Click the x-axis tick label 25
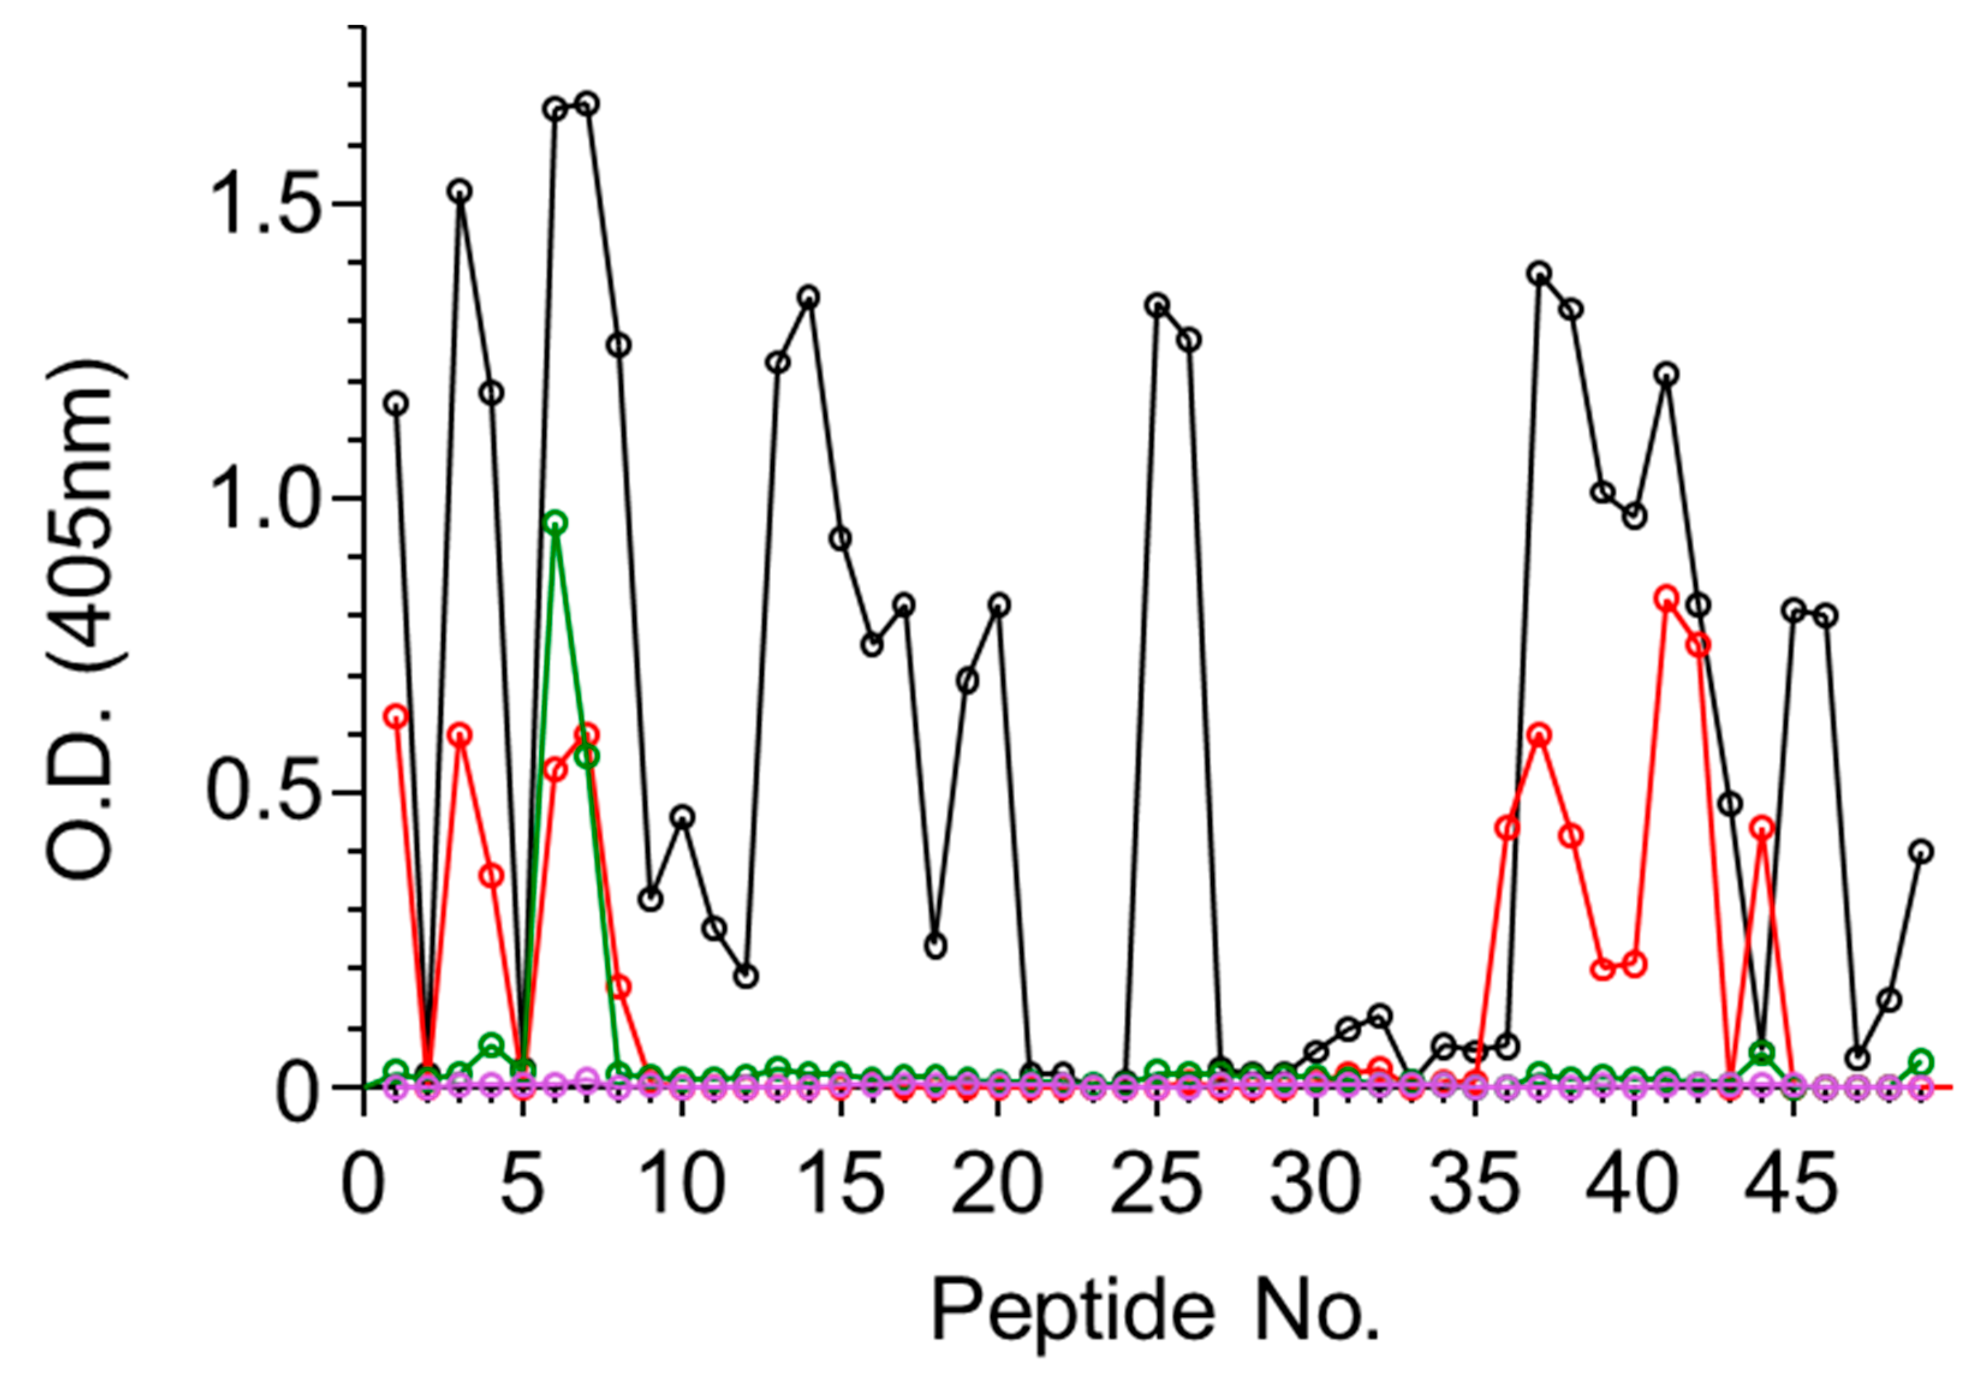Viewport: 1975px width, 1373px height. pyautogui.click(x=1157, y=1186)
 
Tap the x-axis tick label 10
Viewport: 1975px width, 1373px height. pyautogui.click(x=681, y=1186)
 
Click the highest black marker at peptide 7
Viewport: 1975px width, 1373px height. pyautogui.click(x=588, y=104)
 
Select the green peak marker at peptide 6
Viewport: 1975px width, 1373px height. pyautogui.click(x=556, y=522)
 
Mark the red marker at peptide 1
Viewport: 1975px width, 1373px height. pyautogui.click(x=396, y=716)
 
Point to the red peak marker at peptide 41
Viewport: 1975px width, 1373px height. pyautogui.click(x=1666, y=597)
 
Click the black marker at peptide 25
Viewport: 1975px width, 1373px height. pyautogui.click(x=1157, y=305)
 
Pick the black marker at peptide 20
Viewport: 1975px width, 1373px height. pyautogui.click(x=998, y=604)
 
